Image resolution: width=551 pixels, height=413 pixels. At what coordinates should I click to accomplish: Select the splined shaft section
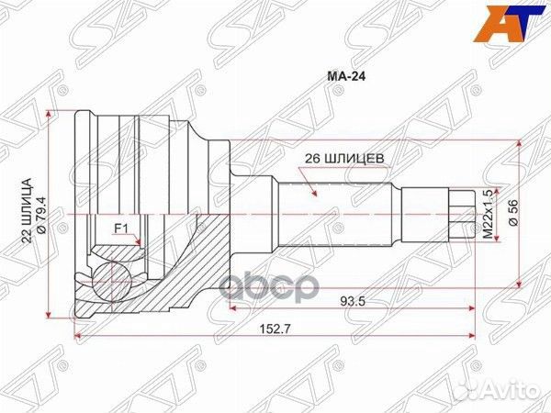point(336,213)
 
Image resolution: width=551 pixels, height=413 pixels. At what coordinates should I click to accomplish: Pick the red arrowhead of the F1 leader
point(140,245)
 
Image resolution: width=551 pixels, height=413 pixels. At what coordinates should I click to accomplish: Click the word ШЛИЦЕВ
point(353,157)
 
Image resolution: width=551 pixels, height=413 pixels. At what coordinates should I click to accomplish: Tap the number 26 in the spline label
point(312,157)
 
